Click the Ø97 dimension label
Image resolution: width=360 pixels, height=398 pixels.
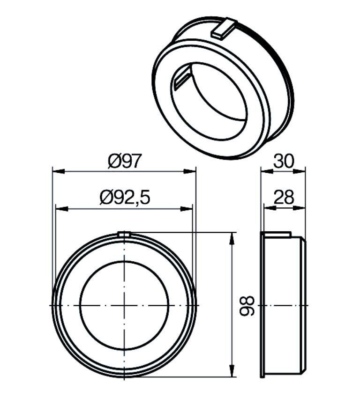[x=124, y=162]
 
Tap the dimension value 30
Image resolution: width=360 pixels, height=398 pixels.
[x=284, y=161]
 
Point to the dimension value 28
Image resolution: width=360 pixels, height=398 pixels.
[x=284, y=197]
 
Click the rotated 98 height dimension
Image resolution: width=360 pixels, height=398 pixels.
[x=247, y=305]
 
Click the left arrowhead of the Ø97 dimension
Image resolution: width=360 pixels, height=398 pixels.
[x=58, y=171]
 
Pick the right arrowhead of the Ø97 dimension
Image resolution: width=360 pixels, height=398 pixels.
[x=190, y=171]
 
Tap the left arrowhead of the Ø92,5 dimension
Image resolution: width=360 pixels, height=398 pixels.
[x=62, y=209]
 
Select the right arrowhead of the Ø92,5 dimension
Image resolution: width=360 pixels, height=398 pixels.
[x=187, y=209]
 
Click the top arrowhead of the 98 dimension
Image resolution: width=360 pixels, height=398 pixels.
[x=232, y=239]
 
